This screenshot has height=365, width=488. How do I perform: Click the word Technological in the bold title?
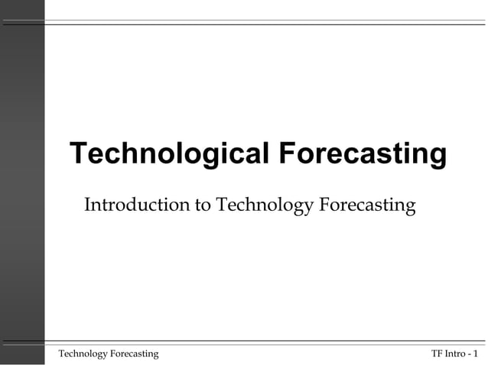pyautogui.click(x=168, y=153)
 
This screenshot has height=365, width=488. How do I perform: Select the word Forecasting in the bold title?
pyautogui.click(x=361, y=153)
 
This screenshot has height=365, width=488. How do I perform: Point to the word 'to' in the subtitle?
pyautogui.click(x=204, y=205)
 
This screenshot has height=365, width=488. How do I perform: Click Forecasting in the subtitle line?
pyautogui.click(x=366, y=205)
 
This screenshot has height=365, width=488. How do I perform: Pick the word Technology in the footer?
pyautogui.click(x=83, y=353)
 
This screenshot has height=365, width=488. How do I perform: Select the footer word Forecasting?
pyautogui.click(x=134, y=353)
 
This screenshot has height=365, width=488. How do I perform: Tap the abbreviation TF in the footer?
pyautogui.click(x=437, y=353)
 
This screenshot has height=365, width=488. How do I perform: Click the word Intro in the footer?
pyautogui.click(x=455, y=353)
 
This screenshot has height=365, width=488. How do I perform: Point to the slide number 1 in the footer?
pyautogui.click(x=476, y=353)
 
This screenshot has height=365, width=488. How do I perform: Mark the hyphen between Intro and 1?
pyautogui.click(x=468, y=354)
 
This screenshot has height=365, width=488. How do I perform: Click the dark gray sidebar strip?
pyautogui.click(x=22, y=182)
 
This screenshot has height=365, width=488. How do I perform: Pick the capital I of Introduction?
pyautogui.click(x=86, y=205)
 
